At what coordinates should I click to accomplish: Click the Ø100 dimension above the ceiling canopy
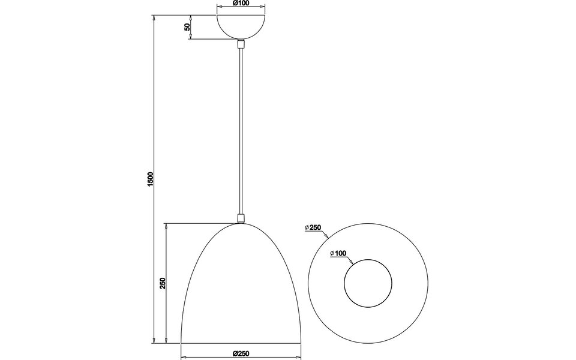click(x=241, y=4)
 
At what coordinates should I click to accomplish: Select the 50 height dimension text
click(x=187, y=28)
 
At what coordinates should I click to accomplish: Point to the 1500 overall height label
click(x=151, y=179)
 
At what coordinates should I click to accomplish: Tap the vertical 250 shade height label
click(x=162, y=283)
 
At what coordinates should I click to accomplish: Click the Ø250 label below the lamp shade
click(x=241, y=353)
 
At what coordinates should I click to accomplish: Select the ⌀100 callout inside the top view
click(x=338, y=254)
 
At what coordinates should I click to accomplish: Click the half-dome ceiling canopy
click(x=241, y=25)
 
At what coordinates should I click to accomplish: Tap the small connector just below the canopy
click(x=241, y=44)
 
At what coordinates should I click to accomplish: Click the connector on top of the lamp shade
click(x=241, y=218)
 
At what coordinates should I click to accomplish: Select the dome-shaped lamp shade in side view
click(x=241, y=288)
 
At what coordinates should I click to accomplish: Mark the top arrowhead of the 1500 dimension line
click(x=155, y=17)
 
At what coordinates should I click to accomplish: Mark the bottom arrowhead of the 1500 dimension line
click(x=155, y=340)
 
